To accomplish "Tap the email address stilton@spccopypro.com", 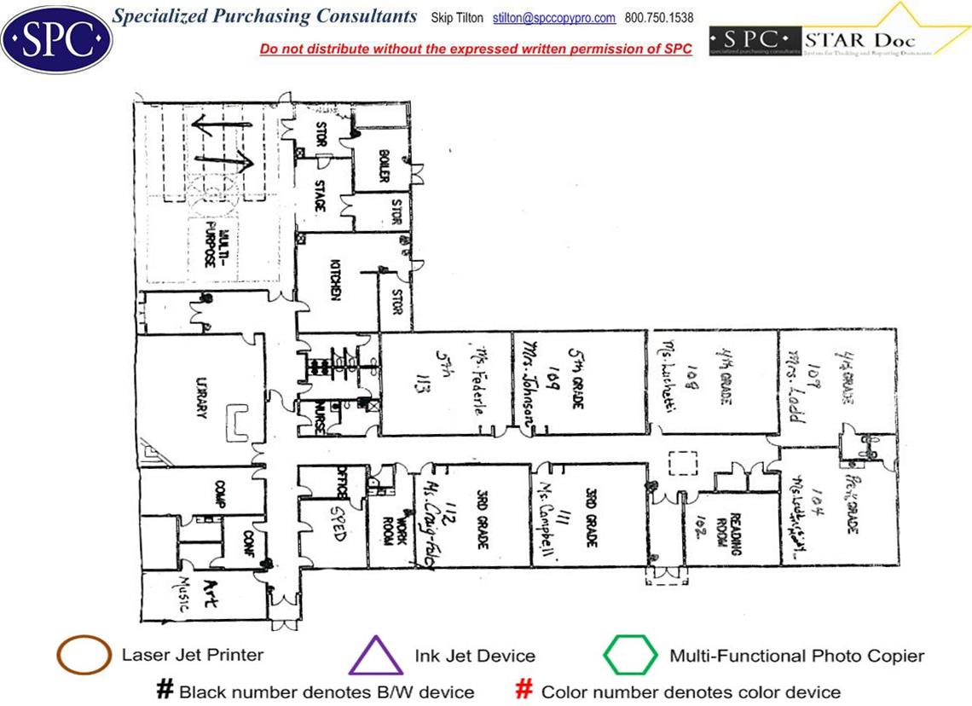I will [x=554, y=18].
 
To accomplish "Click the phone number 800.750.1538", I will [x=659, y=18].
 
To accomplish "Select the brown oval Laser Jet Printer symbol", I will [x=84, y=656].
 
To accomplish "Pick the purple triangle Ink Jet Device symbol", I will [x=376, y=657].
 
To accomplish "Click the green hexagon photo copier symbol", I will [x=630, y=656].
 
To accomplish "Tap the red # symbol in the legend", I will [x=525, y=690].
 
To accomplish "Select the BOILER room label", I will [x=383, y=165].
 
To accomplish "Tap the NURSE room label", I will [x=320, y=419].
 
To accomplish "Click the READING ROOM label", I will [x=729, y=530].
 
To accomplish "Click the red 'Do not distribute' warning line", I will [x=476, y=49].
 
